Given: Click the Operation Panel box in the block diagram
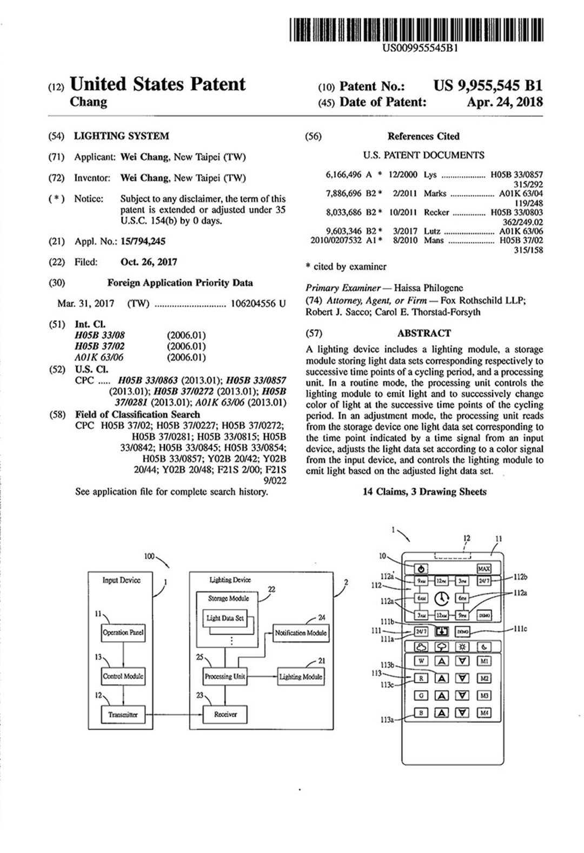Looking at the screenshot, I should [x=123, y=632].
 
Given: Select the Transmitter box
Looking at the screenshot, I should [x=123, y=715].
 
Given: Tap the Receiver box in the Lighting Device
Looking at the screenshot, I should [x=225, y=715].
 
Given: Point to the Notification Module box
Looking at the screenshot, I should [x=301, y=633].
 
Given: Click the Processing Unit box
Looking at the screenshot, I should [x=225, y=676].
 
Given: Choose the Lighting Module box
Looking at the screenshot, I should [x=301, y=677].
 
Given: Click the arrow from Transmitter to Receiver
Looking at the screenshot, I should [x=173, y=715].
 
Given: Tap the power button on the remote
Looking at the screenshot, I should [x=422, y=569].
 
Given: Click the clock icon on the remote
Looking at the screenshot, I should [x=442, y=598].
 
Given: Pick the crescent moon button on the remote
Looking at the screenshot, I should [x=483, y=647].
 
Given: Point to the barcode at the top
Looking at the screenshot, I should [x=416, y=30].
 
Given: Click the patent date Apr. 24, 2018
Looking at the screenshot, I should [x=505, y=102].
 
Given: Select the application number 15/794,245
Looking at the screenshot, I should [x=143, y=242].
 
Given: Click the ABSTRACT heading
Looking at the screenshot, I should [x=423, y=334].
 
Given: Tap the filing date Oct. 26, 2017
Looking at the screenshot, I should [x=149, y=262].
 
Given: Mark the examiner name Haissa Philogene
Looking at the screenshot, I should [x=428, y=288].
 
